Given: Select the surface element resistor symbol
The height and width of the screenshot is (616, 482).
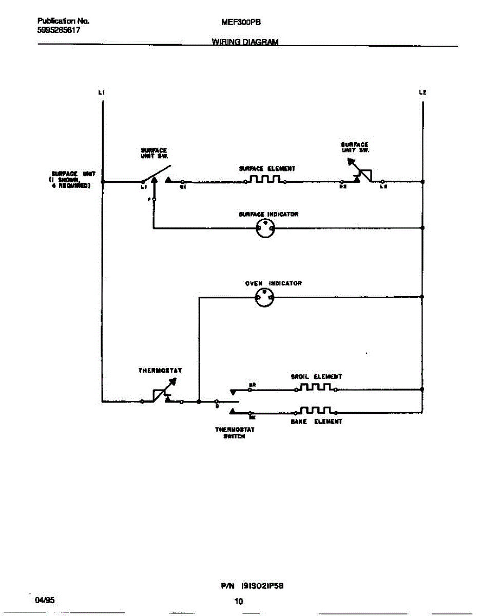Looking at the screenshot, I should [265, 179].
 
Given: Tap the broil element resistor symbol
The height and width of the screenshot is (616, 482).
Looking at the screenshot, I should [316, 387].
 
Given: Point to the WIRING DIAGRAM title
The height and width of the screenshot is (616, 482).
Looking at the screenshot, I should [245, 42].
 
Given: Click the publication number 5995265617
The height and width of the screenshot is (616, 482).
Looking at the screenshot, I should [59, 30].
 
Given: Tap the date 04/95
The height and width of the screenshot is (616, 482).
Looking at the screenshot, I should [44, 600].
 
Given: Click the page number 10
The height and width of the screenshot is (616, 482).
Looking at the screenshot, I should [238, 602].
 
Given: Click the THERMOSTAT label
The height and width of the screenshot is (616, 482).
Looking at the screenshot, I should [160, 370].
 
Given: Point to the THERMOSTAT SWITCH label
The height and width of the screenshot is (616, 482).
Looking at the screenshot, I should [234, 433].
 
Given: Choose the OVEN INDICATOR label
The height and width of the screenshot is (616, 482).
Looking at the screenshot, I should [273, 283].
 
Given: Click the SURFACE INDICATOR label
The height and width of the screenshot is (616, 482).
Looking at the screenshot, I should [268, 214].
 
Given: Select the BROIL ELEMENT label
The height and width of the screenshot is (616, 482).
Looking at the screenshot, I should [316, 376].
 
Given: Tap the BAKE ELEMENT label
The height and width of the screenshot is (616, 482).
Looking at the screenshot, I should [316, 421].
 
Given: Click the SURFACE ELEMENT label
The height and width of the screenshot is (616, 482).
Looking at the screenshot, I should [267, 168].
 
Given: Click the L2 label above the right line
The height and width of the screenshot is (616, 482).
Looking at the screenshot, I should [422, 93].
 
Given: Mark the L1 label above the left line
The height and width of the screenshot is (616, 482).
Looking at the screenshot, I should [102, 93].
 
